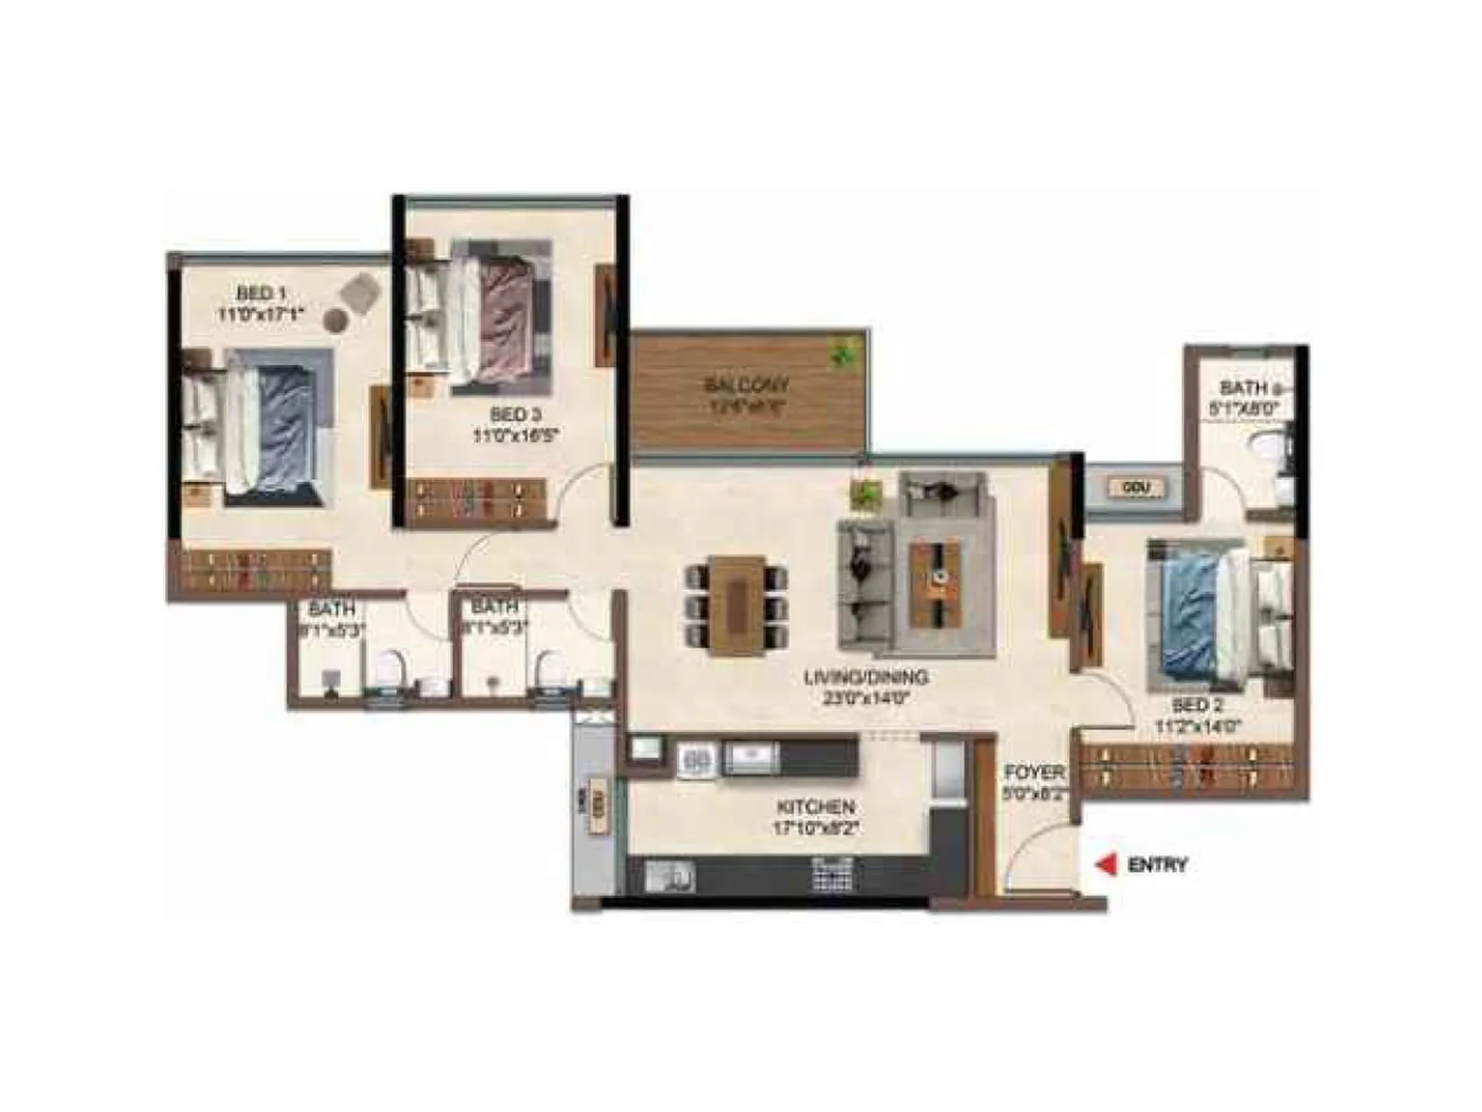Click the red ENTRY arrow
point(1105,865)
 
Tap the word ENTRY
point(1157,865)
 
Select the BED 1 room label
point(254,294)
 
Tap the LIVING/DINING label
point(865,677)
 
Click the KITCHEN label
point(815,807)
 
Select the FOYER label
point(1034,772)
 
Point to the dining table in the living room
point(737,605)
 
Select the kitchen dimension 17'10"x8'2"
point(815,828)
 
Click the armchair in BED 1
point(360,293)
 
